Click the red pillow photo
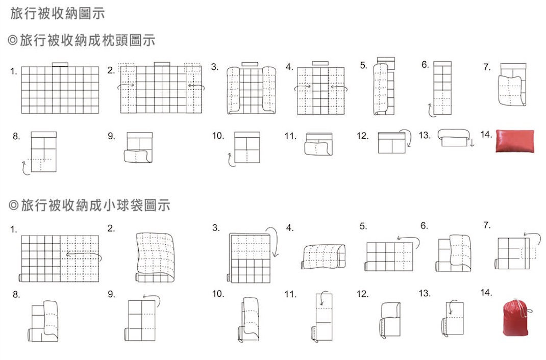click(515, 141)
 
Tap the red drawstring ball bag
click(516, 317)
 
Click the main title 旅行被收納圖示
click(58, 13)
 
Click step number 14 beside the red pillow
click(486, 134)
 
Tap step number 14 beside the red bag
click(486, 293)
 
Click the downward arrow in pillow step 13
click(472, 142)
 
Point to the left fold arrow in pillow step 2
click(126, 86)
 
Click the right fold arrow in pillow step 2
click(196, 86)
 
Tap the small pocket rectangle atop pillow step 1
click(60, 65)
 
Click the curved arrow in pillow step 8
click(24, 169)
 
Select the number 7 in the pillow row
click(487, 67)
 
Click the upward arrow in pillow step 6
click(430, 111)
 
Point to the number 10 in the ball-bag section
click(218, 294)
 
